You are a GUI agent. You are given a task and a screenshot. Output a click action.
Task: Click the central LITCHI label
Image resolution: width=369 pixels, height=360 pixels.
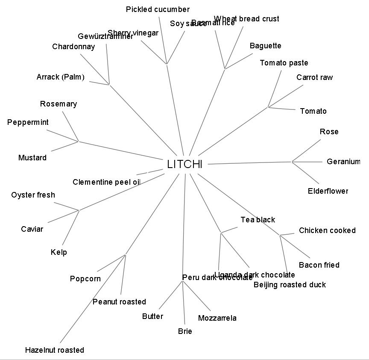pyautogui.click(x=184, y=165)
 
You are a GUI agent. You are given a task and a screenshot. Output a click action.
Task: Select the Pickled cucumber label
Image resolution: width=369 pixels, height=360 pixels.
pyautogui.click(x=158, y=9)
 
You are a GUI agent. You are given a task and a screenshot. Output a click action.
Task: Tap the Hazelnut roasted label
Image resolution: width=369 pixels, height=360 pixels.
pyautogui.click(x=55, y=350)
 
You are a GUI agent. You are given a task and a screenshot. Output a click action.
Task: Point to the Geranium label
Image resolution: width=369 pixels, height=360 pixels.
pyautogui.click(x=343, y=162)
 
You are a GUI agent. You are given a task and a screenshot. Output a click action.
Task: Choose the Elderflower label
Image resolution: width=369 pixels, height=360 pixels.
pyautogui.click(x=328, y=191)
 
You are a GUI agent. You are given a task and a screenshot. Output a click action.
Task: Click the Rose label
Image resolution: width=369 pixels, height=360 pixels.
pyautogui.click(x=329, y=132)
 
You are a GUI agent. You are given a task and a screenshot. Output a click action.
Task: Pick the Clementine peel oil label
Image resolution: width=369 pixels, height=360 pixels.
pyautogui.click(x=106, y=182)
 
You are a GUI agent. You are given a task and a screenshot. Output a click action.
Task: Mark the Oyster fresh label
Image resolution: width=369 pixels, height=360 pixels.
pyautogui.click(x=33, y=195)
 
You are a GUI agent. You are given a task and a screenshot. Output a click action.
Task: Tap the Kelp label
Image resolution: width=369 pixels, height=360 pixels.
pyautogui.click(x=59, y=252)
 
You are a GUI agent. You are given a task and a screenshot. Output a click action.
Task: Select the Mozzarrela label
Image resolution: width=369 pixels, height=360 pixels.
pyautogui.click(x=217, y=318)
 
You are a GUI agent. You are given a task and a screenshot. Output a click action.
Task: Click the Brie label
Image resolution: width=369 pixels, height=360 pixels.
pyautogui.click(x=185, y=331)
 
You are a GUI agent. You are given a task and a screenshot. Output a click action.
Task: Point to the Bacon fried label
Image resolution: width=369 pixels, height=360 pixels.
pyautogui.click(x=319, y=265)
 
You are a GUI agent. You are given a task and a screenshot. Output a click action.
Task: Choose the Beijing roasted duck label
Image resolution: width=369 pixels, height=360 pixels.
pyautogui.click(x=290, y=285)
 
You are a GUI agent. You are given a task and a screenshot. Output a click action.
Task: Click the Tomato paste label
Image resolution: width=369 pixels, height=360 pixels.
pyautogui.click(x=284, y=63)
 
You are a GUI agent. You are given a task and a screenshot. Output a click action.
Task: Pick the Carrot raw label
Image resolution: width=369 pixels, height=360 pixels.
pyautogui.click(x=314, y=77)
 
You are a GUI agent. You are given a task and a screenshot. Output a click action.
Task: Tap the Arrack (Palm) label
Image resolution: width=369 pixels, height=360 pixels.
pyautogui.click(x=60, y=77)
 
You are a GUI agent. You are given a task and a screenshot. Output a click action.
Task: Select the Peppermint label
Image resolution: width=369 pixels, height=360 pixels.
pyautogui.click(x=28, y=122)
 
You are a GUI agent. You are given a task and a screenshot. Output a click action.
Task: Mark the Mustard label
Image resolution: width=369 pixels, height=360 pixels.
pyautogui.click(x=32, y=158)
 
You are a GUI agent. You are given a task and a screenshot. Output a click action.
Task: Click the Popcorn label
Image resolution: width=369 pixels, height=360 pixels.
pyautogui.click(x=85, y=279)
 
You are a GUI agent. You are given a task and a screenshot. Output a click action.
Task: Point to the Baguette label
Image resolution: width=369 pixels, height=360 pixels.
pyautogui.click(x=265, y=46)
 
